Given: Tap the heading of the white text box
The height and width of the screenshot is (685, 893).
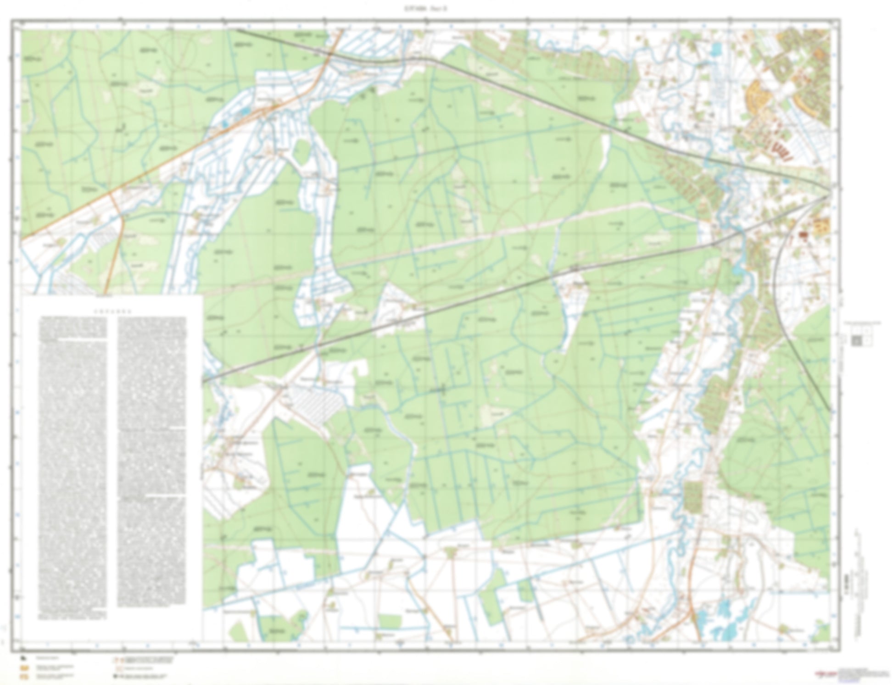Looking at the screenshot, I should pyautogui.click(x=112, y=310).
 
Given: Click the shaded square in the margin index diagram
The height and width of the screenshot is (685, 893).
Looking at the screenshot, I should pyautogui.click(x=856, y=340).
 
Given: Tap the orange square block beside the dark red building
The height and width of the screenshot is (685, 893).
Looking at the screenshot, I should pyautogui.click(x=820, y=227).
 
